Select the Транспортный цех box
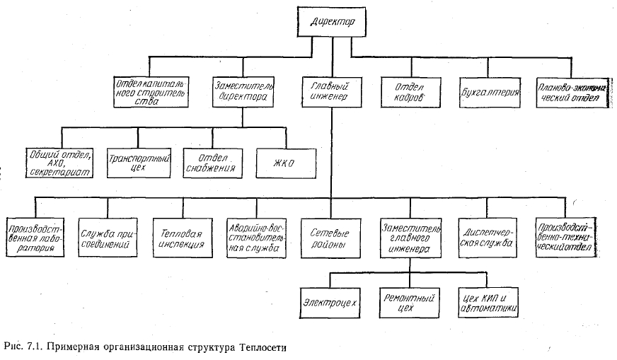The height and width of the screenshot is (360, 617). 138,163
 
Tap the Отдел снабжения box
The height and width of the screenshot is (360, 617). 213,163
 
